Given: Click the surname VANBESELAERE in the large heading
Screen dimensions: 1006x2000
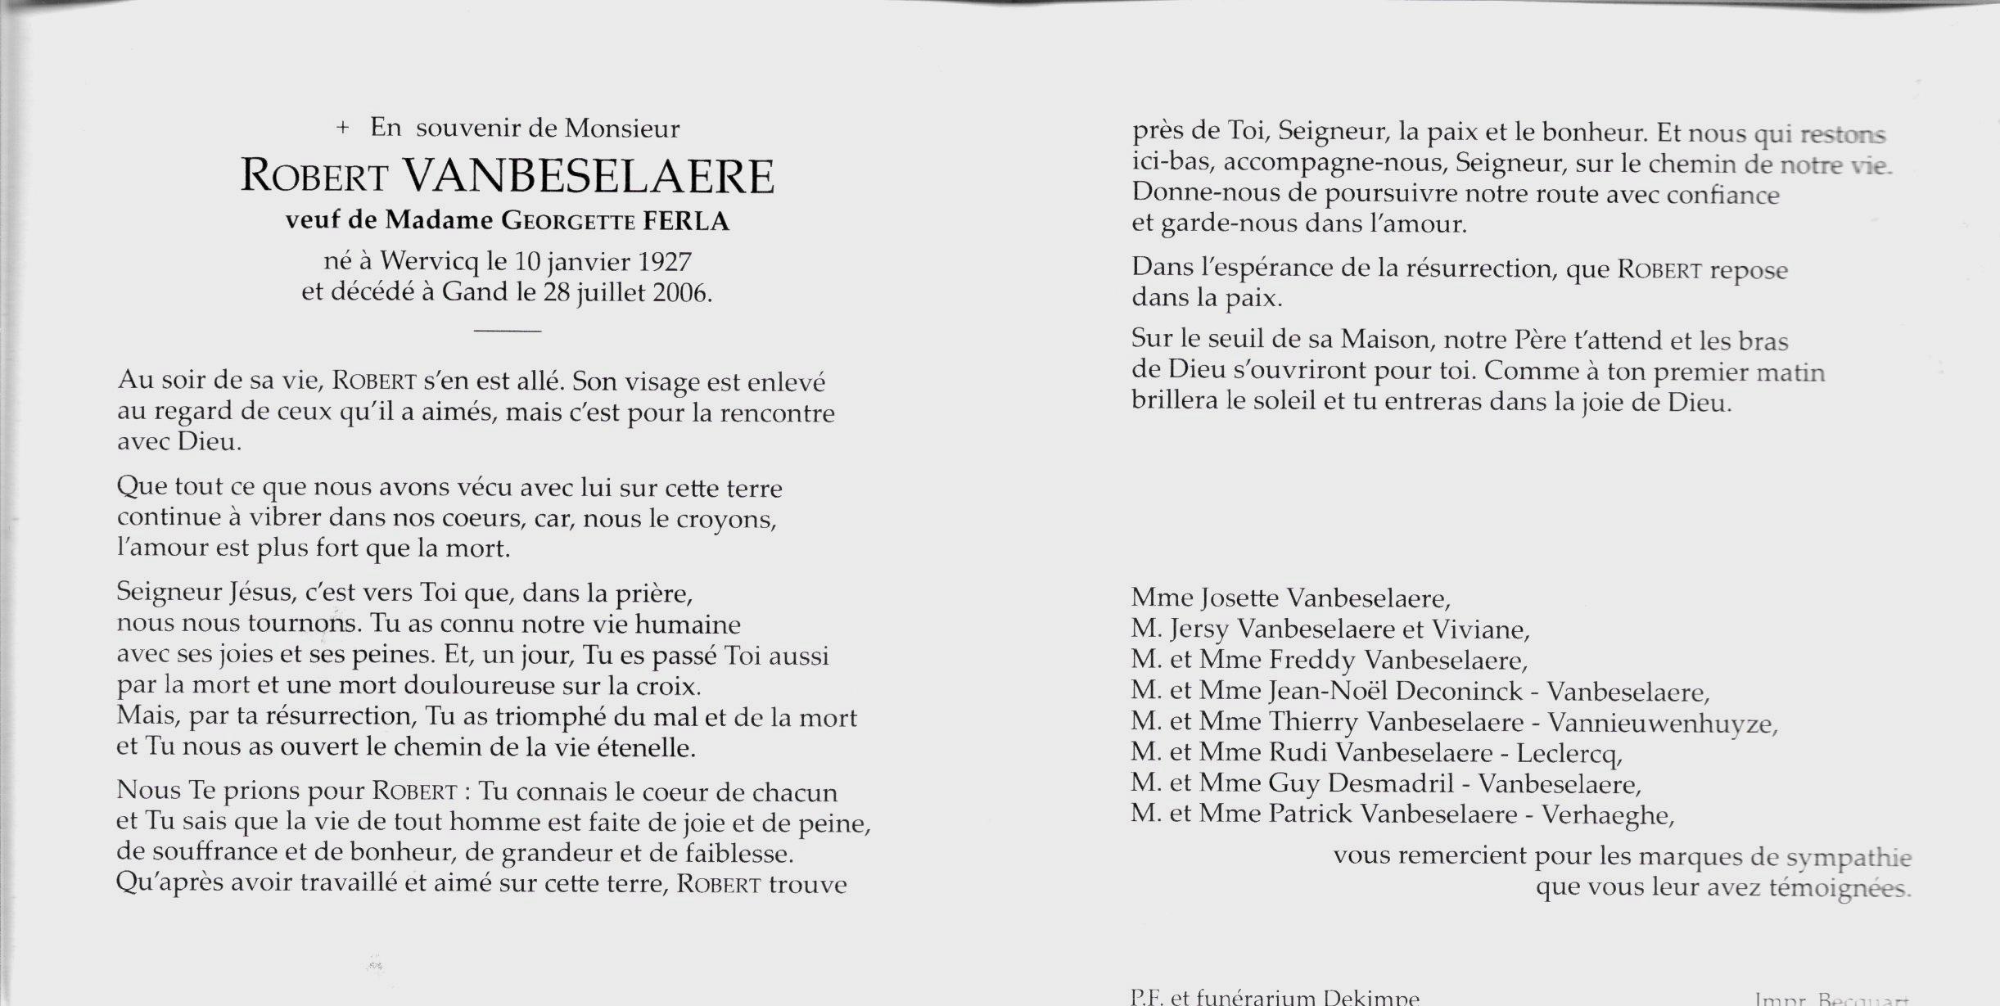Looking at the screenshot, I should [588, 176].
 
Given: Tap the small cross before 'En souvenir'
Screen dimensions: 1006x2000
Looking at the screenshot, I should [342, 128].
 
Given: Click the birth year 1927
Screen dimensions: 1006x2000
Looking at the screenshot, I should [664, 262].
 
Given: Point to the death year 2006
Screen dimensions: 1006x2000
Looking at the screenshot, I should [683, 292].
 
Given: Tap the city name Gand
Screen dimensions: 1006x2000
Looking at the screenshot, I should [475, 292].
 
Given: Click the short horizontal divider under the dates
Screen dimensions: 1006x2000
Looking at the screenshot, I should [507, 331].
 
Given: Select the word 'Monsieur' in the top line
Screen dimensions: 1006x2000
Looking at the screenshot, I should [622, 129].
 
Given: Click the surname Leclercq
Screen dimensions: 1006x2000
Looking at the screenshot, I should [1569, 753].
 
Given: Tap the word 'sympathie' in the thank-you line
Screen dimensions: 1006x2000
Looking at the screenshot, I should [1848, 858].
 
